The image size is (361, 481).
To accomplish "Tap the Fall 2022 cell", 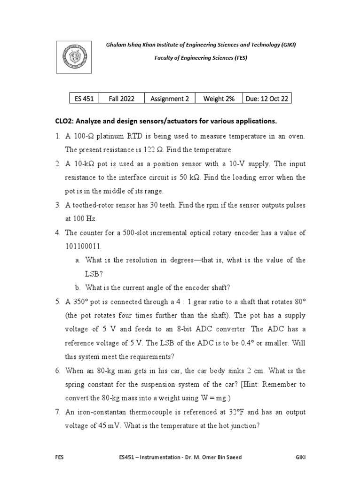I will (121, 99).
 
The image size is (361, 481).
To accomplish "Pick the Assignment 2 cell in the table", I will (169, 99).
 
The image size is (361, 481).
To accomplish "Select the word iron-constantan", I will (100, 412).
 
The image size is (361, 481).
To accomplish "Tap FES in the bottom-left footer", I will (60, 457).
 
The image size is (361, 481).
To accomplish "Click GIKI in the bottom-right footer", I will (300, 457).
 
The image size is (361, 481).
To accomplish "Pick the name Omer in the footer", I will (204, 457).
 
